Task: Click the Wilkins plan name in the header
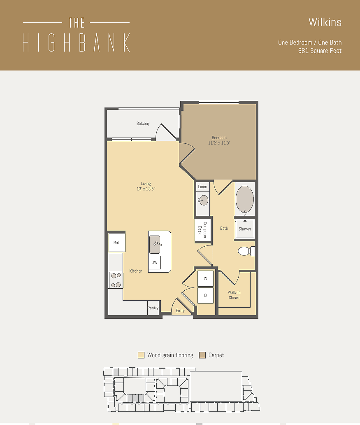pos(325,22)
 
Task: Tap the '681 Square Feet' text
pos(320,51)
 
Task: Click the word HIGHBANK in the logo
pos(76,42)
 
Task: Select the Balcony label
pos(143,124)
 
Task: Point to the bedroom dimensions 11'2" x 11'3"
pos(219,143)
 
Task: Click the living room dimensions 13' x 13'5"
pos(146,189)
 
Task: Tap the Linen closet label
pos(202,187)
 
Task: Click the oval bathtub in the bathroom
pos(245,199)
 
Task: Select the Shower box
pos(245,229)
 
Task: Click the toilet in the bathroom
pos(245,251)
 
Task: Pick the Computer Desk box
pos(203,229)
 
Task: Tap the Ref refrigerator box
pos(116,243)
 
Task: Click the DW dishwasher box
pos(155,262)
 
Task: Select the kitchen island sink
pos(155,245)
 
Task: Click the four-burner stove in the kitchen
pos(116,280)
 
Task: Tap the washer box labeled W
pos(205,278)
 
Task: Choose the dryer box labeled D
pos(205,295)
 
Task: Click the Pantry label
pos(153,308)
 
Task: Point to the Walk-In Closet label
pos(234,295)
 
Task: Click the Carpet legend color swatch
pos(202,355)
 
